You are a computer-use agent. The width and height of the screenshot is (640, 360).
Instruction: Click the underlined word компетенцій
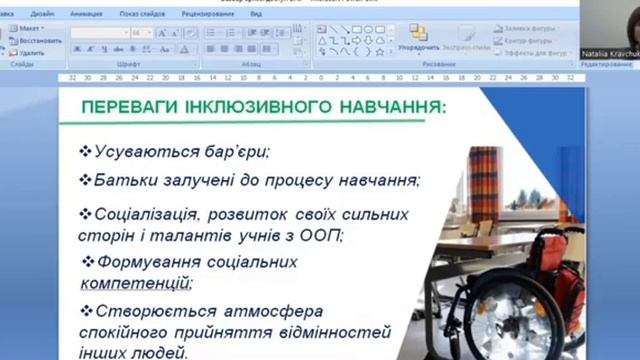coord(124,283)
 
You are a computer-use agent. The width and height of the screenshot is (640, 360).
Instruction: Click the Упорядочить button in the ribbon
coord(418,47)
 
